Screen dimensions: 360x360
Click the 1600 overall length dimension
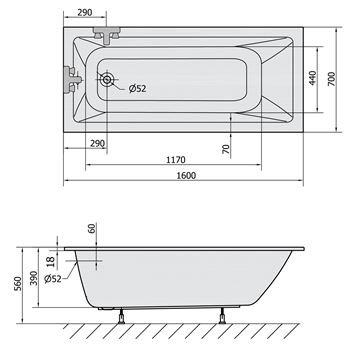tap(186, 175)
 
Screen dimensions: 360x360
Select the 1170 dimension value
tap(176, 160)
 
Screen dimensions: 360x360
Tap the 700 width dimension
tap(332, 79)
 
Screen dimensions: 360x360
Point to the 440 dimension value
tap(313, 78)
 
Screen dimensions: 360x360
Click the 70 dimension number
tap(226, 149)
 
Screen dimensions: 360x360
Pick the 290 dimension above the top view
tap(85, 12)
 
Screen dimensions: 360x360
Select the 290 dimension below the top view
tap(98, 144)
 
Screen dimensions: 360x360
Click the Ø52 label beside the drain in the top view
tap(138, 89)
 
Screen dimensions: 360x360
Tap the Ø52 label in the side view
tap(53, 279)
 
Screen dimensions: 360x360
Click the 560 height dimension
tap(18, 283)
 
